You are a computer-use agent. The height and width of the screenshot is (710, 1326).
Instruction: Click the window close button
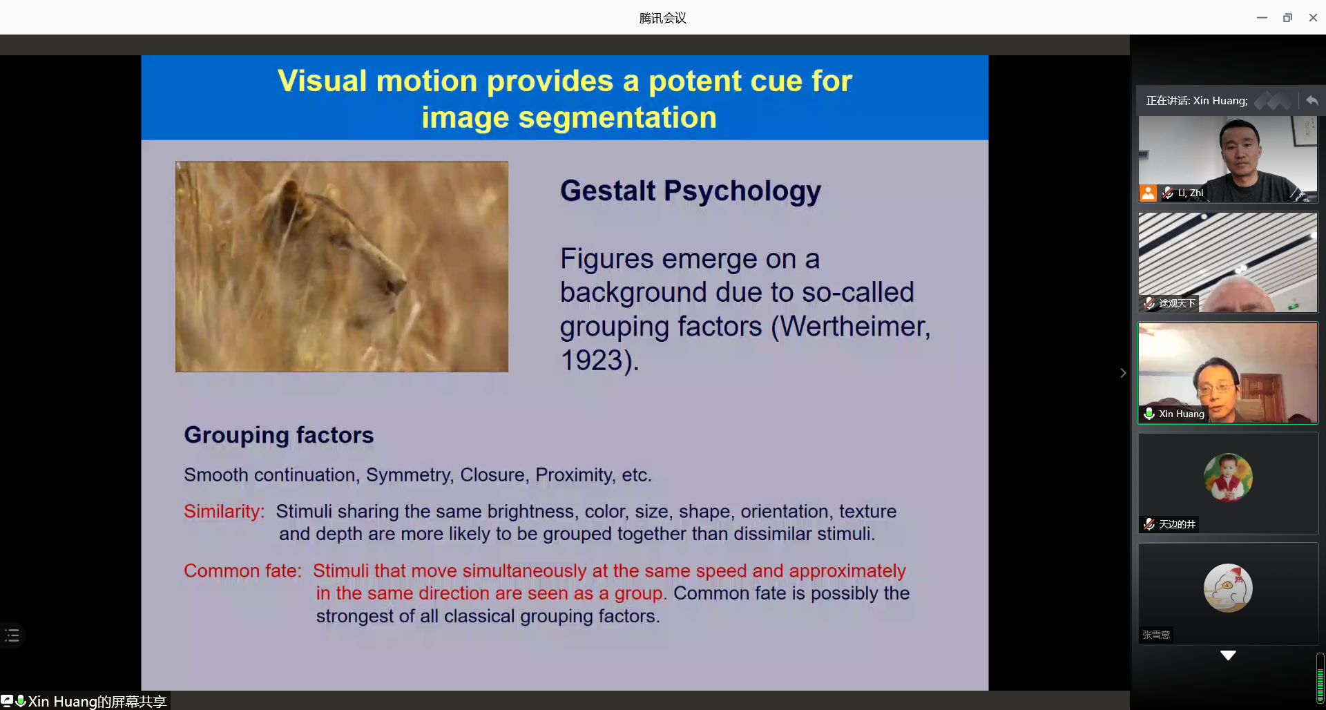1313,18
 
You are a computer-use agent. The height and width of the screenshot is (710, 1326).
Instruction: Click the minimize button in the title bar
1262,18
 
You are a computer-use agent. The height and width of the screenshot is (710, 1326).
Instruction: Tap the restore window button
1287,18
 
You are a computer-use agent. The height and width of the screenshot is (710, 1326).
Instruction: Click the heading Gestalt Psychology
691,191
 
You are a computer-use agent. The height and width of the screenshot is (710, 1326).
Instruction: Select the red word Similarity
224,512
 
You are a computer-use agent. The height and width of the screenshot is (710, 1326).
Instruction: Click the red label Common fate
242,571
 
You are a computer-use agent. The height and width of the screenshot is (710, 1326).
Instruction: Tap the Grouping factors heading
279,435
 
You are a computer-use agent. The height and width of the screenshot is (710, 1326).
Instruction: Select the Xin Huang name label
1181,414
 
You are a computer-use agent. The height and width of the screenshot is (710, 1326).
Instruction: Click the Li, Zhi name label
1191,193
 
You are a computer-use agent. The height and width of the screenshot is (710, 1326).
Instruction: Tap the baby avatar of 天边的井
1228,477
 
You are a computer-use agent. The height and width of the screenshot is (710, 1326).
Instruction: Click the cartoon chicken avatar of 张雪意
1228,588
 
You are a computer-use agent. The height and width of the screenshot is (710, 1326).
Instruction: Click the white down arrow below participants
1228,655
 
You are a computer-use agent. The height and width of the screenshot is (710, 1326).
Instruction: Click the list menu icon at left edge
12,635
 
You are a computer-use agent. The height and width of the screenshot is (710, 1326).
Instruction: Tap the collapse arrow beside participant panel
1123,373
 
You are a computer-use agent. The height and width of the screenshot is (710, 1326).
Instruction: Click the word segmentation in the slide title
617,117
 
